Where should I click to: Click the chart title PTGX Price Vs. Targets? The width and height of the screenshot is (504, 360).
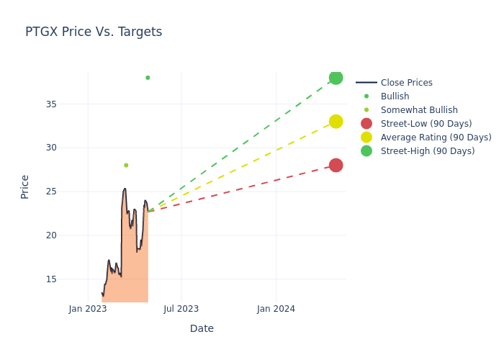coord(94,32)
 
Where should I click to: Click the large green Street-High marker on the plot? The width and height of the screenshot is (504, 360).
coord(336,78)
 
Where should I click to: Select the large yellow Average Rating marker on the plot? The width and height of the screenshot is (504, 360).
coord(336,122)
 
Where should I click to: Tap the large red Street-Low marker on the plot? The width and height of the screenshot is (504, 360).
coord(336,165)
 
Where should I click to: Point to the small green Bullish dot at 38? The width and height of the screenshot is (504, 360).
coord(148,78)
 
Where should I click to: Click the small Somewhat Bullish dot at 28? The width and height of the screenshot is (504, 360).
coord(126,166)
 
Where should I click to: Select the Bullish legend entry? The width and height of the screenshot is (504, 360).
coord(395,96)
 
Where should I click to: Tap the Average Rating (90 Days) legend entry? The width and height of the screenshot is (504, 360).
coord(436,138)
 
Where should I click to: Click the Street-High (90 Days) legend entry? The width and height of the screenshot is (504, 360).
coord(428,151)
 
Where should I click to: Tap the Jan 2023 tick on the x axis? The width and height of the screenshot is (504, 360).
coord(88,309)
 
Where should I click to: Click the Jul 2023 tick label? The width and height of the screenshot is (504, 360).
coord(181,309)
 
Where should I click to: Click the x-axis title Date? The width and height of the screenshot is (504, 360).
coord(202,328)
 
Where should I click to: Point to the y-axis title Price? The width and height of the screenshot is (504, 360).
coord(25,186)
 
